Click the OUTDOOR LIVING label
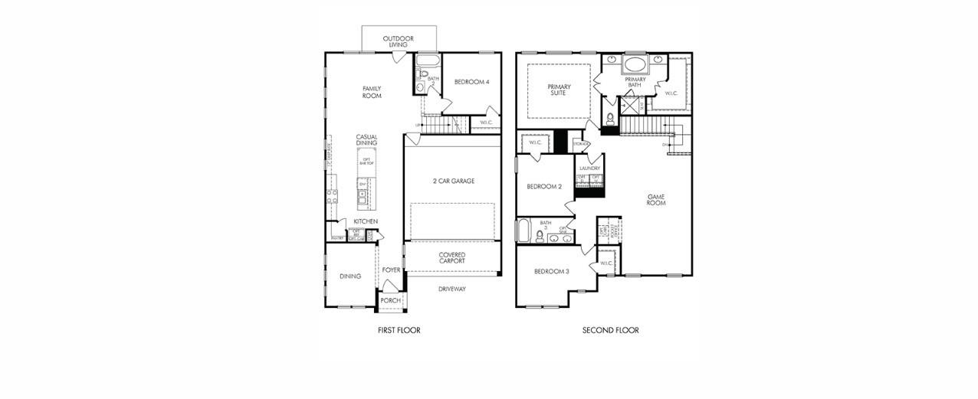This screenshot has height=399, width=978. (399, 41)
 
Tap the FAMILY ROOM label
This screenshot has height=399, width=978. (372, 92)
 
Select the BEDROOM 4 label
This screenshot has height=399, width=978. (471, 82)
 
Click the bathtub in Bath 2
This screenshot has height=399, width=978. (428, 61)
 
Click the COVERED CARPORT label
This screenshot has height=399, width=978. (451, 258)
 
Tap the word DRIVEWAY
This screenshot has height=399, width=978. (451, 289)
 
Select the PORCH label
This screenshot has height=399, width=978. (390, 300)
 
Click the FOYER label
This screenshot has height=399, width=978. (391, 270)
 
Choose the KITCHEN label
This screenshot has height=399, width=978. (366, 221)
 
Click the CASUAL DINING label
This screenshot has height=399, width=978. (366, 140)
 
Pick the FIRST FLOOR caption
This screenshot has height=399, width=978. (399, 330)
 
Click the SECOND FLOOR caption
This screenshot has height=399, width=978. (610, 330)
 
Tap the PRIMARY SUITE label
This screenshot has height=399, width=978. (559, 90)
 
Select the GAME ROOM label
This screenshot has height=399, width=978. (655, 200)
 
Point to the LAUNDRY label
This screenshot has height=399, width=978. (589, 168)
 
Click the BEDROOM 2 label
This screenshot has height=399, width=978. (544, 187)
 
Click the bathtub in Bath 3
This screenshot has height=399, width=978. (523, 231)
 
